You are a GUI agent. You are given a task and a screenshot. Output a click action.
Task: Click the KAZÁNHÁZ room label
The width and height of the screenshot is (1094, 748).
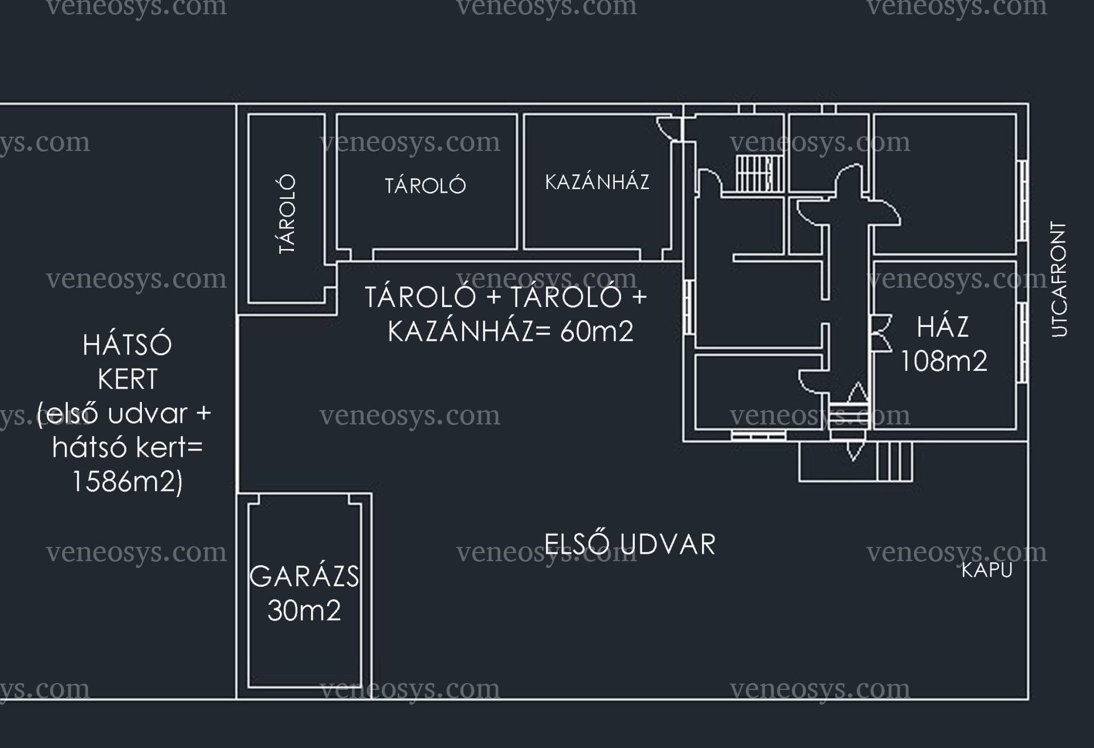[x=597, y=182]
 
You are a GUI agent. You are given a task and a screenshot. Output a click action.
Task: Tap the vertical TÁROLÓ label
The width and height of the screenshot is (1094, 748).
[x=287, y=214]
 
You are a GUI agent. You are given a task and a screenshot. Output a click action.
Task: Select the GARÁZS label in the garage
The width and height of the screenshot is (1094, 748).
[x=304, y=576]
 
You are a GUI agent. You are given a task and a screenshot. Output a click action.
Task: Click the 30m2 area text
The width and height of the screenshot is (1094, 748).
[x=304, y=610]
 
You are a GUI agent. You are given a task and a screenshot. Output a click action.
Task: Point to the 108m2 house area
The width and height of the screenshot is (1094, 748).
[x=944, y=361]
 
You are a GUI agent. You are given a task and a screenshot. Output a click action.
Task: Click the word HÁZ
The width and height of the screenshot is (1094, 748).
[x=943, y=326]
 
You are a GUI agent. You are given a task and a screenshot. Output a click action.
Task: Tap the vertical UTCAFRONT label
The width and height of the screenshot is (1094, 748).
[x=1059, y=279]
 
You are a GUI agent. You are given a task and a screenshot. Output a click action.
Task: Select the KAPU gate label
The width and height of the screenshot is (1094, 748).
[x=987, y=570]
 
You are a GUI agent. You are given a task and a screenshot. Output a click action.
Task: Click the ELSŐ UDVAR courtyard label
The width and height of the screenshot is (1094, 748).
[x=630, y=544]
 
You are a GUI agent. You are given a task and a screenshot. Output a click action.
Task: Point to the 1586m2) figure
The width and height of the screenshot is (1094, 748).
[x=127, y=481]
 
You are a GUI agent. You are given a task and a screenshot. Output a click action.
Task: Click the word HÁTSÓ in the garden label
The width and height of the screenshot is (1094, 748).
[x=127, y=345]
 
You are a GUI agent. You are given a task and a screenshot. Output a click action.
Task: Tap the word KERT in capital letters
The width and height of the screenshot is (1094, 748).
[x=128, y=379]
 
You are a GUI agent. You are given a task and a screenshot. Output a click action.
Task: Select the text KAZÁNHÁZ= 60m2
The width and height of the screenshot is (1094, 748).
[x=511, y=331]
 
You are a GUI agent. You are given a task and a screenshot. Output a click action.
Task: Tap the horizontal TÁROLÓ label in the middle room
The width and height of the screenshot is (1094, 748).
[x=425, y=185]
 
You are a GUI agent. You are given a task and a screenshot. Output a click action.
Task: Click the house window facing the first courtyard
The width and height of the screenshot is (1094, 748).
[x=758, y=436]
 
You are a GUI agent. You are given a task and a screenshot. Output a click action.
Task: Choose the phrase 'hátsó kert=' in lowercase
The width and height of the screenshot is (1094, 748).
[x=128, y=447]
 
